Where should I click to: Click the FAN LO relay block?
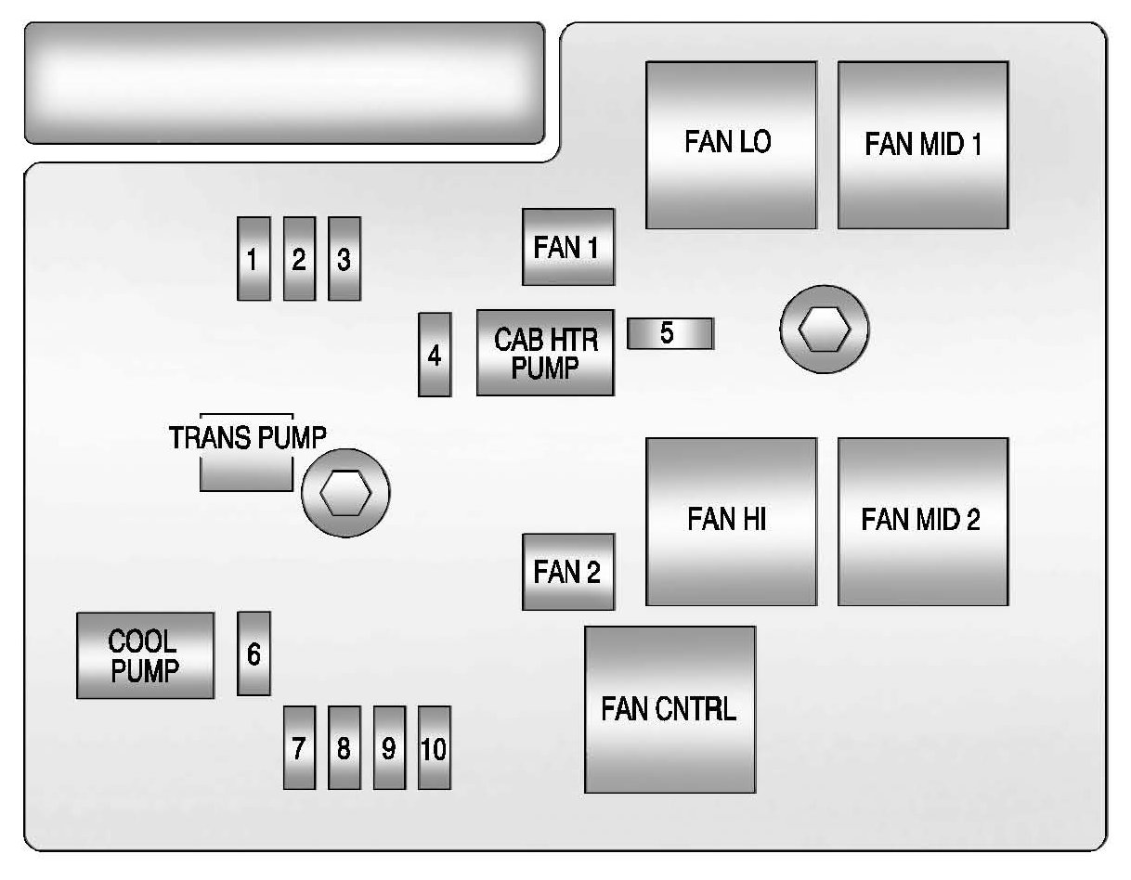pyautogui.click(x=731, y=144)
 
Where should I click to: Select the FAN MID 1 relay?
pyautogui.click(x=923, y=144)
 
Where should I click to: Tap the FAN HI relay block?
pyautogui.click(x=731, y=521)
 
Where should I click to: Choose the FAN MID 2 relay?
pyautogui.click(x=923, y=521)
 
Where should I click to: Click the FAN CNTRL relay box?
pyautogui.click(x=669, y=710)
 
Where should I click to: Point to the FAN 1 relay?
pyautogui.click(x=568, y=247)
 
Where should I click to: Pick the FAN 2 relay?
pyautogui.click(x=568, y=572)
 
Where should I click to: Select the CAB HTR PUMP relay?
pyautogui.click(x=545, y=353)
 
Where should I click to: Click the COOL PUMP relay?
pyautogui.click(x=145, y=655)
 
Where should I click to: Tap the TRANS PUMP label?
pyautogui.click(x=247, y=438)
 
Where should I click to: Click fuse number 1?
pyautogui.click(x=253, y=259)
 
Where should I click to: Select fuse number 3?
pyautogui.click(x=344, y=259)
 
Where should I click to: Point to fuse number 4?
pyautogui.click(x=435, y=355)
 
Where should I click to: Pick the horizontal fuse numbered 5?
pyautogui.click(x=669, y=333)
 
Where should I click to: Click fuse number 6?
pyautogui.click(x=253, y=654)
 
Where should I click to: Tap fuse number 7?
pyautogui.click(x=299, y=747)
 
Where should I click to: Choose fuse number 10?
pyautogui.click(x=435, y=747)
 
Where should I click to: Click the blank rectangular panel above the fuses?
pyautogui.click(x=284, y=83)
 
